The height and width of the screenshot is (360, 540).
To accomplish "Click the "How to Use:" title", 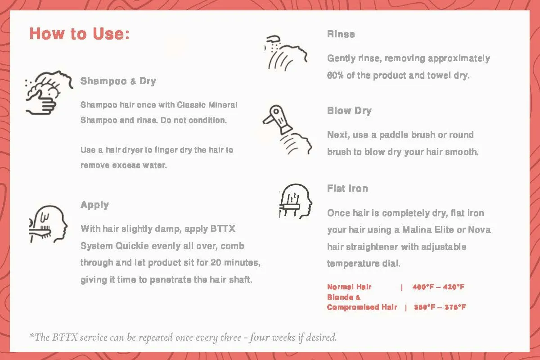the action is coord(80,33).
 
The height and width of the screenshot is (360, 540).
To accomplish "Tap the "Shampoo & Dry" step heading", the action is coord(118,81).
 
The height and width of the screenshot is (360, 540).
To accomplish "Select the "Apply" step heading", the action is coord(94,205).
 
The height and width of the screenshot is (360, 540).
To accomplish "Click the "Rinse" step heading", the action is coord(341,34).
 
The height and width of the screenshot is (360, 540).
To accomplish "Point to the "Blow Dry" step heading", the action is coord(349,111).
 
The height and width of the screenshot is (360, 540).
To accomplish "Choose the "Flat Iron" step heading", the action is coord(347,188).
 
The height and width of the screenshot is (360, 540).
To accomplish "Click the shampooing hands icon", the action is coord(49,93).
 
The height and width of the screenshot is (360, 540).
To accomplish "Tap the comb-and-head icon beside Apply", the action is coord(48,224).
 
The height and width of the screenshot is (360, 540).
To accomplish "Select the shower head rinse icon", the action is coord(286,53).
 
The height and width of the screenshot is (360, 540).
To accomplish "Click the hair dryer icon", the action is coord(287,130).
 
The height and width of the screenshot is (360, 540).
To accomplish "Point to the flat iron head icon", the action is coord(296,201).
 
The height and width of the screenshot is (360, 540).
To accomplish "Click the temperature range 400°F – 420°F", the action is coord(438,287).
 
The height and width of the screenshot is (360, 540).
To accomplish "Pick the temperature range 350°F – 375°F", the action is coord(440,307).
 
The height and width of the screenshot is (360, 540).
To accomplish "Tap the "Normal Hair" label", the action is coord(349,287).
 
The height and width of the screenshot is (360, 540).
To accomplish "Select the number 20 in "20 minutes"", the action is coord(216,263).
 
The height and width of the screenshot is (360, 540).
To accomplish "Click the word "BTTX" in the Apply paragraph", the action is coord(222,229).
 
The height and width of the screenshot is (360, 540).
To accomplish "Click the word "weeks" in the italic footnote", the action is coord(283,337).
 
